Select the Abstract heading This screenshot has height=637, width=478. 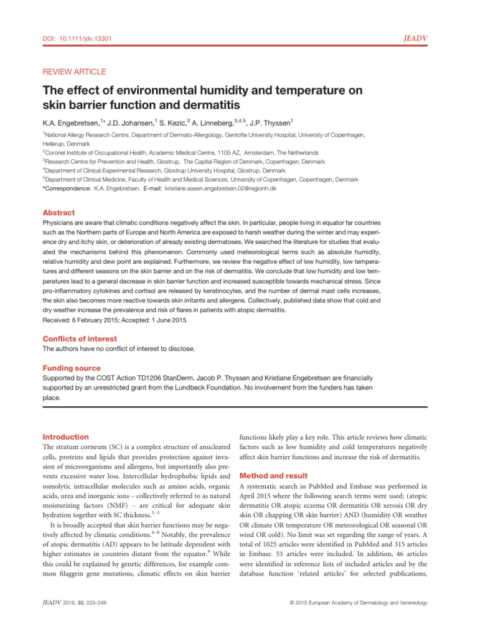(x=58, y=212)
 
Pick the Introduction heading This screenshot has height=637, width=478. (x=65, y=437)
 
